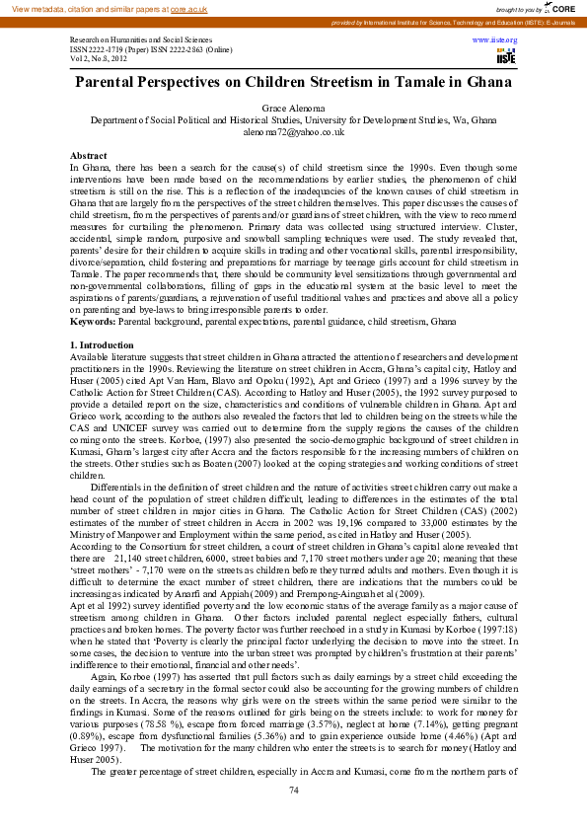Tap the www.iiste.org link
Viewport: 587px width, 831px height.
coord(495,40)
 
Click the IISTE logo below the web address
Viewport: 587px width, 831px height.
coord(506,56)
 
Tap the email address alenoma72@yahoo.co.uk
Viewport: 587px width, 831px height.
coord(293,130)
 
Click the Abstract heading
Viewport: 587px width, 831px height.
coord(88,156)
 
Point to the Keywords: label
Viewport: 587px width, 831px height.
coord(93,294)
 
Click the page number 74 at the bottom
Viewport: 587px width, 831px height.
coord(293,791)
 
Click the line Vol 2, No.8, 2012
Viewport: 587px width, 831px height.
coord(99,58)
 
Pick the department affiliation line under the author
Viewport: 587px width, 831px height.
coord(293,118)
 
